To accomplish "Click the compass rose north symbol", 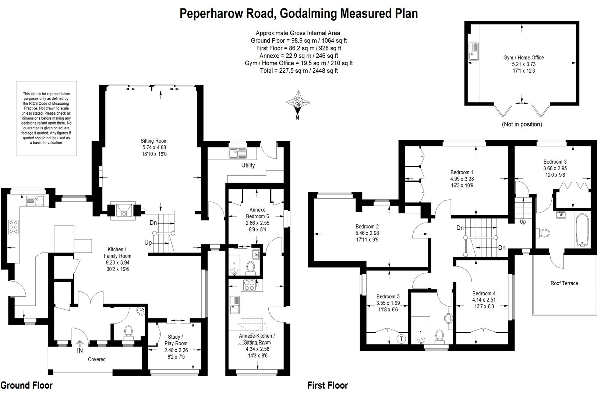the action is [x=298, y=102].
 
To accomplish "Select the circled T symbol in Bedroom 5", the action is [x=402, y=339].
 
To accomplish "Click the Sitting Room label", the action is [x=154, y=141].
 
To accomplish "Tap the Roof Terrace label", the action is [x=564, y=283].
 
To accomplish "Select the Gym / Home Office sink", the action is [x=474, y=52].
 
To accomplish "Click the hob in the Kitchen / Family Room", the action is [x=13, y=227].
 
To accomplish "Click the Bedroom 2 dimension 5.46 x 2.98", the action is [x=367, y=233].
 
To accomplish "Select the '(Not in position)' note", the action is [x=522, y=125].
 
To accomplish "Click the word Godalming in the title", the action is [x=308, y=14].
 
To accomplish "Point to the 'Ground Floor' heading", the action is [x=27, y=385].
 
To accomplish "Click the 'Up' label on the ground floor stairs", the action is [x=148, y=242].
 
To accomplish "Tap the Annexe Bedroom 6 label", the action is [x=257, y=213].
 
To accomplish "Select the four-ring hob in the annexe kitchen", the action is [x=250, y=285].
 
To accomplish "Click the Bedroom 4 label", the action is [x=484, y=293].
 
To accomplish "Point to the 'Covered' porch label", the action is [x=97, y=359].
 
